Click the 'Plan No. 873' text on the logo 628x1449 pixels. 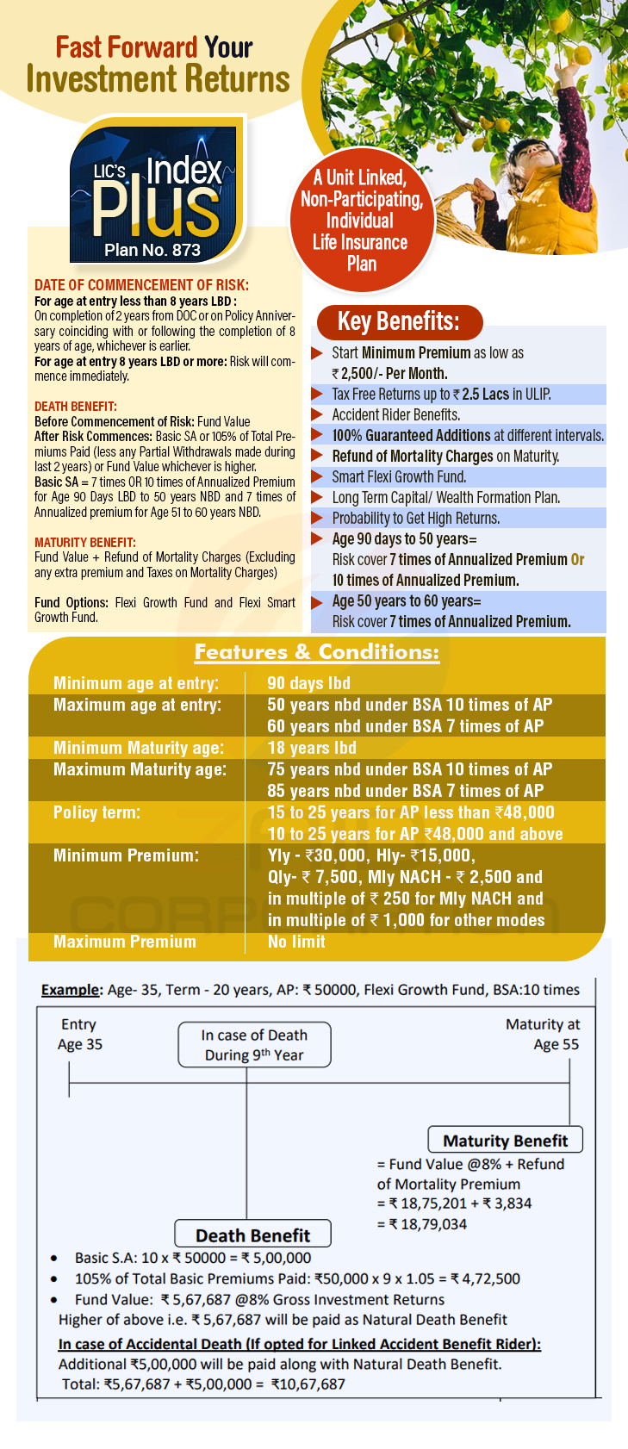tap(152, 250)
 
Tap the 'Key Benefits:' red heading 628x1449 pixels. tap(398, 321)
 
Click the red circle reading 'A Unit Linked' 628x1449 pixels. tap(360, 221)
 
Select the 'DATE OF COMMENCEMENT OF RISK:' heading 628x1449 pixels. tap(141, 285)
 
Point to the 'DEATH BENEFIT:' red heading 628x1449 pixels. tap(76, 407)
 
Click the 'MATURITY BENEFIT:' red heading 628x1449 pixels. tap(85, 543)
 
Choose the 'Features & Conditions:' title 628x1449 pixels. tap(316, 652)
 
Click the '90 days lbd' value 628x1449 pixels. tap(308, 683)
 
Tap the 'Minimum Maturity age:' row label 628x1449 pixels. tap(139, 748)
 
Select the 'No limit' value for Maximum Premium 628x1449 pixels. tap(296, 942)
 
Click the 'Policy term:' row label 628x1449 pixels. tap(96, 812)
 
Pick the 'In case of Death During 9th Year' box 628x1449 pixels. tap(254, 1045)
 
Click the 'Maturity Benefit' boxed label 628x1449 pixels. tap(505, 1141)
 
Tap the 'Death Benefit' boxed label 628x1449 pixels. tap(252, 1235)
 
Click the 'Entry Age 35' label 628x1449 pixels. tap(79, 1034)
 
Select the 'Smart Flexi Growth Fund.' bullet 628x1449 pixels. tap(399, 476)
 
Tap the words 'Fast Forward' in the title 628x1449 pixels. tap(127, 47)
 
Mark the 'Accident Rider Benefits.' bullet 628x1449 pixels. tap(395, 414)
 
